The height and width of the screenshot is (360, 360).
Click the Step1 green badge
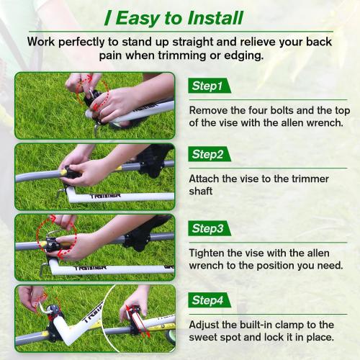coord(207,86)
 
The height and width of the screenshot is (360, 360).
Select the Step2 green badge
coord(207,155)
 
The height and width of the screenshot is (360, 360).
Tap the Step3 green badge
coord(207,228)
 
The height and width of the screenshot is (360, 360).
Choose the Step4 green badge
coord(207,300)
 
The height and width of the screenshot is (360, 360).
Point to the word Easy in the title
coord(138,18)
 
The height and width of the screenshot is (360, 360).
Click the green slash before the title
coord(107,18)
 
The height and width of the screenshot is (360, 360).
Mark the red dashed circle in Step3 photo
coord(53,235)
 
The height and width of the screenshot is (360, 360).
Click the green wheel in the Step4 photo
coord(170,333)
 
